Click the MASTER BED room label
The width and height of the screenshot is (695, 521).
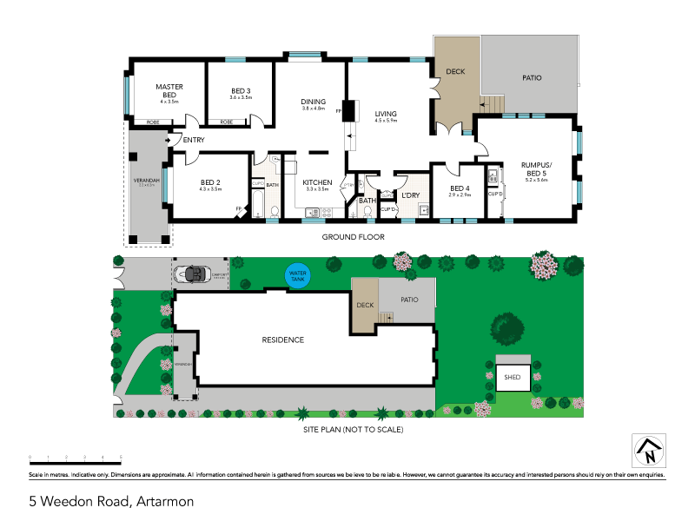pos(169,90)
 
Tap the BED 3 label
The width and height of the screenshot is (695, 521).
pos(241,91)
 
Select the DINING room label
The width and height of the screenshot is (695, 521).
pos(313,102)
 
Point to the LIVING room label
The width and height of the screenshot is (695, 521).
pos(385,114)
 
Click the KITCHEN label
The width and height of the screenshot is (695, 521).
pos(317,182)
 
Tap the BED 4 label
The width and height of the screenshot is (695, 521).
pos(460,188)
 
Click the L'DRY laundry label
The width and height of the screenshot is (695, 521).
pos(409,195)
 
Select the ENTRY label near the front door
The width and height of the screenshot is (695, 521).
pos(193,140)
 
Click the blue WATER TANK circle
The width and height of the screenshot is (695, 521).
pos(298,275)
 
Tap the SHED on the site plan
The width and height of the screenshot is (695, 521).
pos(512,377)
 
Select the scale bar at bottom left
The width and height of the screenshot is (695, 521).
pos(75,456)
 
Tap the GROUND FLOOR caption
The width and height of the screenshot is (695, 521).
pos(353,236)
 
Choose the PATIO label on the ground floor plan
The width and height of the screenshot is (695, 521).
pos(532,78)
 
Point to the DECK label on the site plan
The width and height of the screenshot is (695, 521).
pos(364,305)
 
